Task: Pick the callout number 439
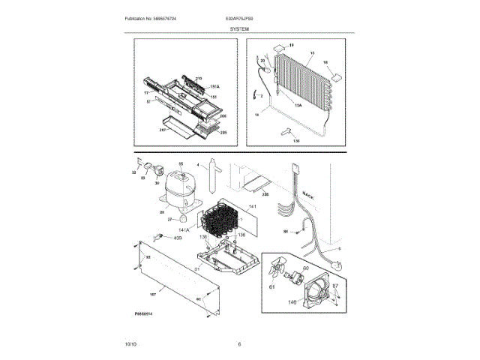click(x=178, y=238)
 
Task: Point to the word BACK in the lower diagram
click(x=307, y=196)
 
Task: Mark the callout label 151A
click(x=213, y=86)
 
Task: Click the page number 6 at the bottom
click(x=239, y=343)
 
